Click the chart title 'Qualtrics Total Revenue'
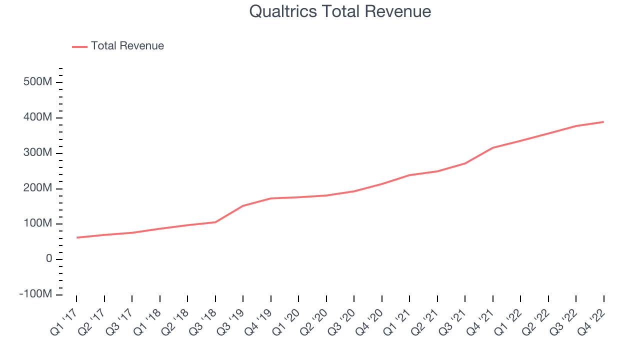340,11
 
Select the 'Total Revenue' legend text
127,46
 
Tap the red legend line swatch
80,46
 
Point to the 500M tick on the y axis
37,82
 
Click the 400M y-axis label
37,117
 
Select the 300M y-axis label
37,153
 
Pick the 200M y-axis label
37,188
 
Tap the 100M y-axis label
37,223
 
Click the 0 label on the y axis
48,259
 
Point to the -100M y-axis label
35,294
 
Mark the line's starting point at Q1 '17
76,237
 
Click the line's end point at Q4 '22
603,122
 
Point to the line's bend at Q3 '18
215,222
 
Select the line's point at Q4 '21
493,147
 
